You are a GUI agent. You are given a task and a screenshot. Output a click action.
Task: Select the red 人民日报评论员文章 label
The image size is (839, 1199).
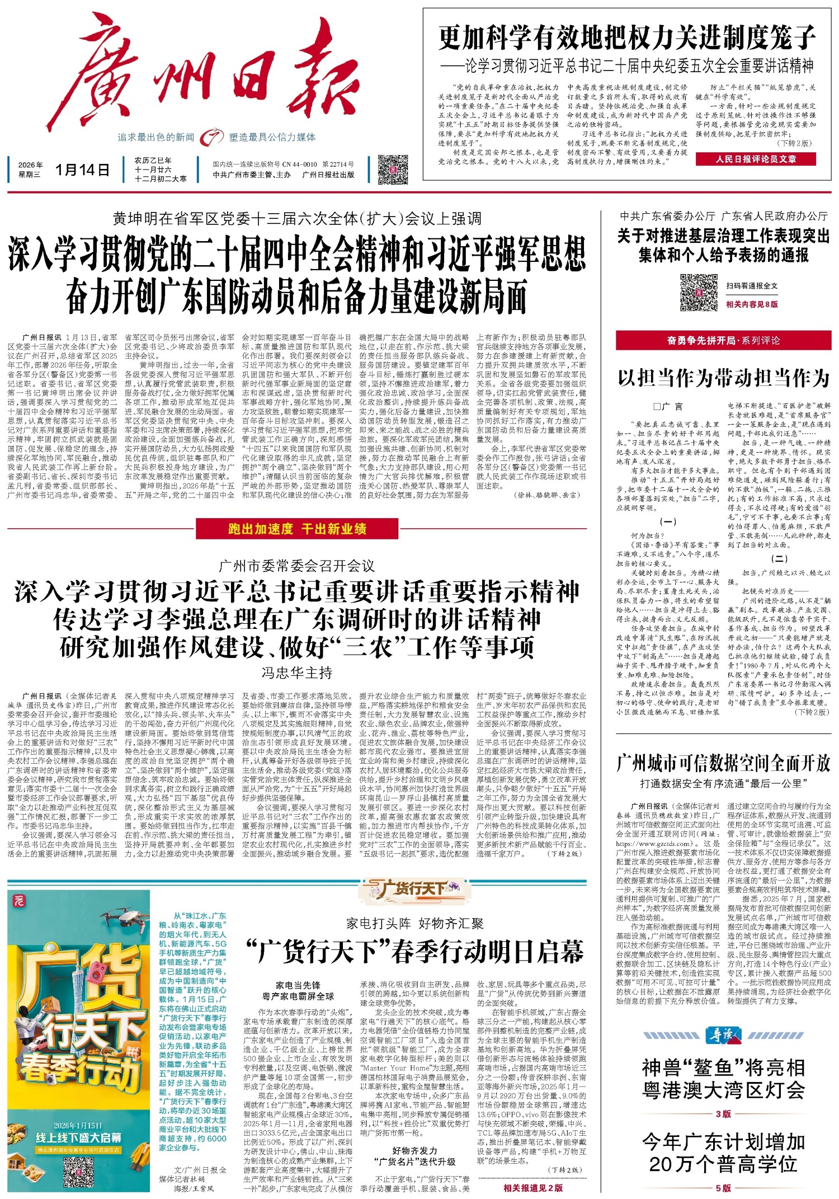pyautogui.click(x=755, y=159)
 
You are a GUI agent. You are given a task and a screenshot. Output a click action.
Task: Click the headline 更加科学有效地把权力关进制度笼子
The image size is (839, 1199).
pyautogui.click(x=626, y=38)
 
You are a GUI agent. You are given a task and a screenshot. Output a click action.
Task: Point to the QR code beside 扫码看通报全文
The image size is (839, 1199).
pyautogui.click(x=699, y=293)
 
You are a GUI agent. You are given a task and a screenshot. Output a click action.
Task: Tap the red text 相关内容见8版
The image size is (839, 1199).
pyautogui.click(x=752, y=304)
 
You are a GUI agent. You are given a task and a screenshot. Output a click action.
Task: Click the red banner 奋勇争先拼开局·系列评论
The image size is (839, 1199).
pyautogui.click(x=723, y=340)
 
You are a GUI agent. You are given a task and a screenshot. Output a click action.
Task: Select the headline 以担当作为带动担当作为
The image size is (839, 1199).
pyautogui.click(x=723, y=378)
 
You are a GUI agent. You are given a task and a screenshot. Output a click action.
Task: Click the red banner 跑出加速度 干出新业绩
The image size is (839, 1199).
pyautogui.click(x=297, y=529)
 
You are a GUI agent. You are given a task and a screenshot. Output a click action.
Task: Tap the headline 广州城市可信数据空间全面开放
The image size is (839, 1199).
pyautogui.click(x=723, y=763)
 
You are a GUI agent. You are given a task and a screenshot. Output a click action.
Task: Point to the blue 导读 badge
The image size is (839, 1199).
pyautogui.click(x=723, y=1035)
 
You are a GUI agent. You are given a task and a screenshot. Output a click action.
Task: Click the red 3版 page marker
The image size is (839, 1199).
pyautogui.click(x=723, y=1114)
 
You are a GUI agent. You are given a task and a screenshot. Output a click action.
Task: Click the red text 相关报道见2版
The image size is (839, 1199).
pyautogui.click(x=533, y=1188)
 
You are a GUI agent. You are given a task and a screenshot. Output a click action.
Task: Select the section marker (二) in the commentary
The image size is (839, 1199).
pyautogui.click(x=779, y=558)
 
